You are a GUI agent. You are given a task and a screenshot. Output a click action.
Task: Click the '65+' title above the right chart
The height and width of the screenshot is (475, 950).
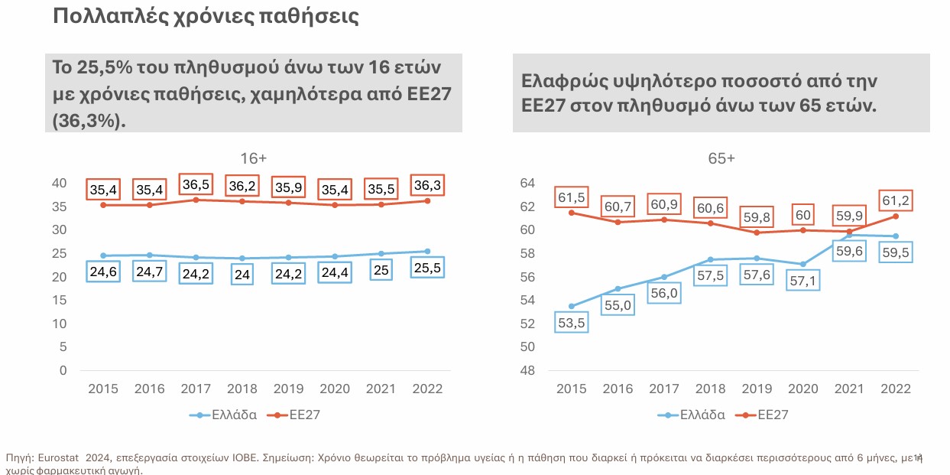[x=721, y=159]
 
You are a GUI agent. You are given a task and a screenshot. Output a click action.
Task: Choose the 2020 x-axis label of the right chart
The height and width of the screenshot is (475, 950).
[x=802, y=389]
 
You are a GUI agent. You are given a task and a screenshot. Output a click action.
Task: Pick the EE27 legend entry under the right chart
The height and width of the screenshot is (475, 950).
[x=772, y=415]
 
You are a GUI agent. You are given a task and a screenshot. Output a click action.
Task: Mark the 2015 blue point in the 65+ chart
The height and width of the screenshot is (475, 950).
[x=570, y=306]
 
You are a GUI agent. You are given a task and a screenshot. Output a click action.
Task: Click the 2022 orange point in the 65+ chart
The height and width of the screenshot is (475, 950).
[x=895, y=216]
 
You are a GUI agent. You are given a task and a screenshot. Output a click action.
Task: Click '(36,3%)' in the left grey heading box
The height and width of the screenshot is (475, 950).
[x=90, y=122]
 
